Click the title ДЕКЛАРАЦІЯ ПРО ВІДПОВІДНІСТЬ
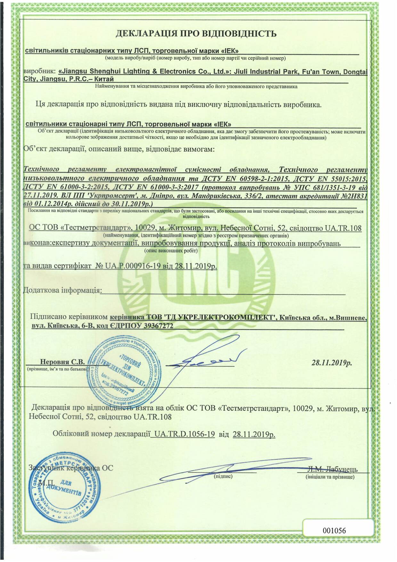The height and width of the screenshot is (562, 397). point(196,34)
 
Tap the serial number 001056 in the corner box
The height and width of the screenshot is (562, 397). point(334,530)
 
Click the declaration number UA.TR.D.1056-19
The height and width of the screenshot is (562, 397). point(184,434)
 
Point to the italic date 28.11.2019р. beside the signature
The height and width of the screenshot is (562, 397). point(332,363)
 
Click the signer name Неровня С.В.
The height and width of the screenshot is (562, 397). point(62,362)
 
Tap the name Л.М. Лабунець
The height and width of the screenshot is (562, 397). point(333,469)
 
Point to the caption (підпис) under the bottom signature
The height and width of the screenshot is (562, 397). point(223,476)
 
